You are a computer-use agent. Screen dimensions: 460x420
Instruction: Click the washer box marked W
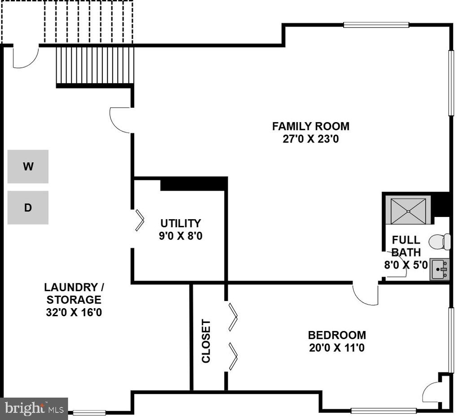click(x=28, y=167)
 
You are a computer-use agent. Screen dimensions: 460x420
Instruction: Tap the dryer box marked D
click(x=28, y=208)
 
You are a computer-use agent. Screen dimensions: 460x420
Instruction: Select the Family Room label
click(x=311, y=126)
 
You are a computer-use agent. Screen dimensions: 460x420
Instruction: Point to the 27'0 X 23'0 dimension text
click(x=311, y=139)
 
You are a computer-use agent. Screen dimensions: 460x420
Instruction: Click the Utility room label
click(x=181, y=224)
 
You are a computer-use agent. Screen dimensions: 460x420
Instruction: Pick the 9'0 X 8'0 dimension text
click(x=181, y=236)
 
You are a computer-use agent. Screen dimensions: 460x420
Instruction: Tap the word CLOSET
click(x=206, y=341)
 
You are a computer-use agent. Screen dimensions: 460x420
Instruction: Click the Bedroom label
click(x=337, y=335)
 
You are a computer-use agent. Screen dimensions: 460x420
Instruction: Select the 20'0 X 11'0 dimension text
click(x=337, y=348)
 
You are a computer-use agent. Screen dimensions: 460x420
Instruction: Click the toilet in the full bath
click(x=440, y=242)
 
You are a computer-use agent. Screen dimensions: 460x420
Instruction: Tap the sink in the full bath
click(x=439, y=269)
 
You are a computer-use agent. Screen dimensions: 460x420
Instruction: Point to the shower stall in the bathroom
click(x=408, y=211)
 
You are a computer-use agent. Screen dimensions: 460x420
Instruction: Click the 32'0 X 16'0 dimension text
click(x=74, y=312)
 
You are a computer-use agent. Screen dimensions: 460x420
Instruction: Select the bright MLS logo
click(x=34, y=409)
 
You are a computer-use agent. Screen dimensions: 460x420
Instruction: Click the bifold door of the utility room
click(x=140, y=220)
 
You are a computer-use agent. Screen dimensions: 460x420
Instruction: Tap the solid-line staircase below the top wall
click(x=95, y=66)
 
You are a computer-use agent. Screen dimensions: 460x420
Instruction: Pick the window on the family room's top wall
click(x=376, y=25)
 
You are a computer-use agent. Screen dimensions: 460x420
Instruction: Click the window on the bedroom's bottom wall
click(x=384, y=411)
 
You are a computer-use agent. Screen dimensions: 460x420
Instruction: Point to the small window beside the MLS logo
click(x=89, y=413)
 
